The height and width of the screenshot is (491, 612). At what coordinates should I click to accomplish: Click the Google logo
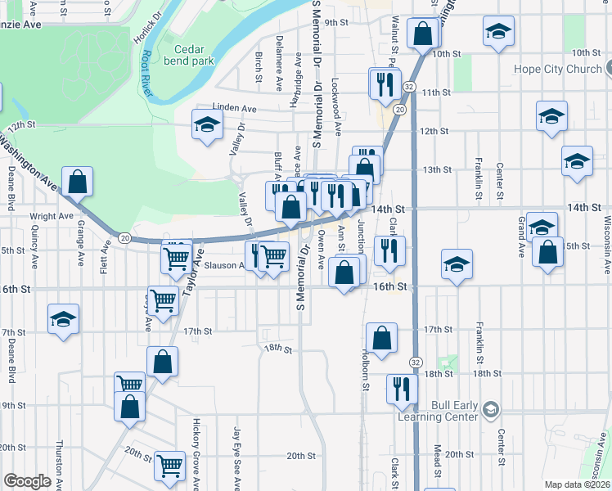pos(27,481)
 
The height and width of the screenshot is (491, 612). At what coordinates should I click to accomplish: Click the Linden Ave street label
pos(234,108)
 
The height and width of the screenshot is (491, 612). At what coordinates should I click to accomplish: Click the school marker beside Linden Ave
pos(207,125)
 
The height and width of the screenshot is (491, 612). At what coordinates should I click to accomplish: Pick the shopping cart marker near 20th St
pos(170,466)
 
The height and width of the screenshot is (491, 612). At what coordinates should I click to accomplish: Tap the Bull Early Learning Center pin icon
pos(490,408)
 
